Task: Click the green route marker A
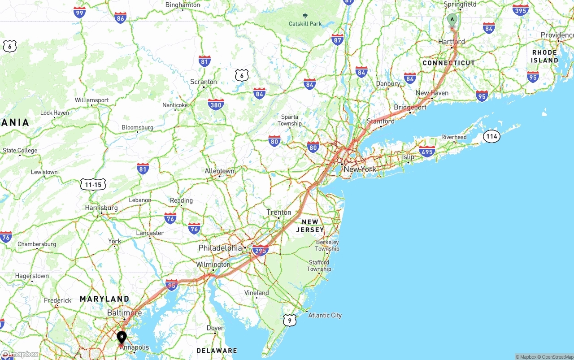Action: (x=452, y=20)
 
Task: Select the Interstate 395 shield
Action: (x=520, y=10)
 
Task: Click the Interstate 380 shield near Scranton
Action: (x=216, y=104)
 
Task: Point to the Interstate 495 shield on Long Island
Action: (x=427, y=152)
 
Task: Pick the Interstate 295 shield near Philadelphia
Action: (x=260, y=250)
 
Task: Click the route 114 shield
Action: (x=491, y=136)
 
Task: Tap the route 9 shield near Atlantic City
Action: (x=290, y=320)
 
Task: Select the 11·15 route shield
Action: (x=93, y=184)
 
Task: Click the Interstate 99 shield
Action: (x=80, y=13)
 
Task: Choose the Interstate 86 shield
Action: (x=120, y=18)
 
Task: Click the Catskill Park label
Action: (x=305, y=23)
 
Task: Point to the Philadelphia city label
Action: (x=220, y=248)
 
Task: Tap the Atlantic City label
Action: (x=325, y=315)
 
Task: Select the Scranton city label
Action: (x=204, y=82)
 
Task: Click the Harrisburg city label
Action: (x=101, y=208)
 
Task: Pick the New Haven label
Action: (x=432, y=93)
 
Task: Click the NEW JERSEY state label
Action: (x=310, y=226)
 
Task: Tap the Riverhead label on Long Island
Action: (x=454, y=137)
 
